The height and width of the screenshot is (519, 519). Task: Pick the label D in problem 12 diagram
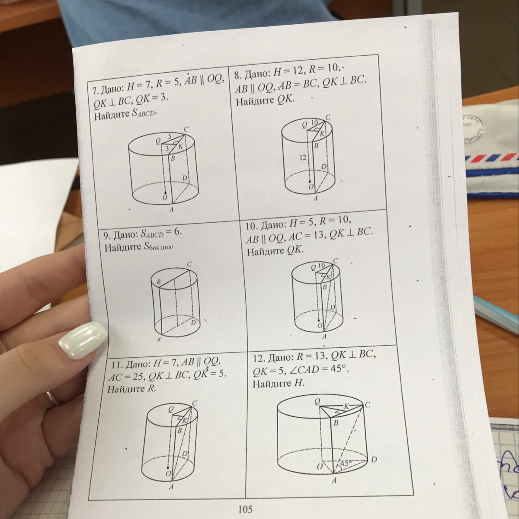(x=374, y=460)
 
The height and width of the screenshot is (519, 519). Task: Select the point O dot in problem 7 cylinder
(x=165, y=193)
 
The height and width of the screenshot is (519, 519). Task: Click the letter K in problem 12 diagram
(x=346, y=407)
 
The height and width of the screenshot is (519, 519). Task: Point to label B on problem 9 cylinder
(x=159, y=282)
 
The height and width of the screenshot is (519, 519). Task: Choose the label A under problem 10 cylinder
(x=324, y=336)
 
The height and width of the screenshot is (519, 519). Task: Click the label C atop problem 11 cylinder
(x=195, y=403)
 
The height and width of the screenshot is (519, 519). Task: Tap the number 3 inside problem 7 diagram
(x=167, y=148)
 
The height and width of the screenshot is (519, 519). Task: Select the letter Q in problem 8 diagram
(x=304, y=125)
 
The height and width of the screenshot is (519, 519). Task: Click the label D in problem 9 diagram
(x=193, y=322)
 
